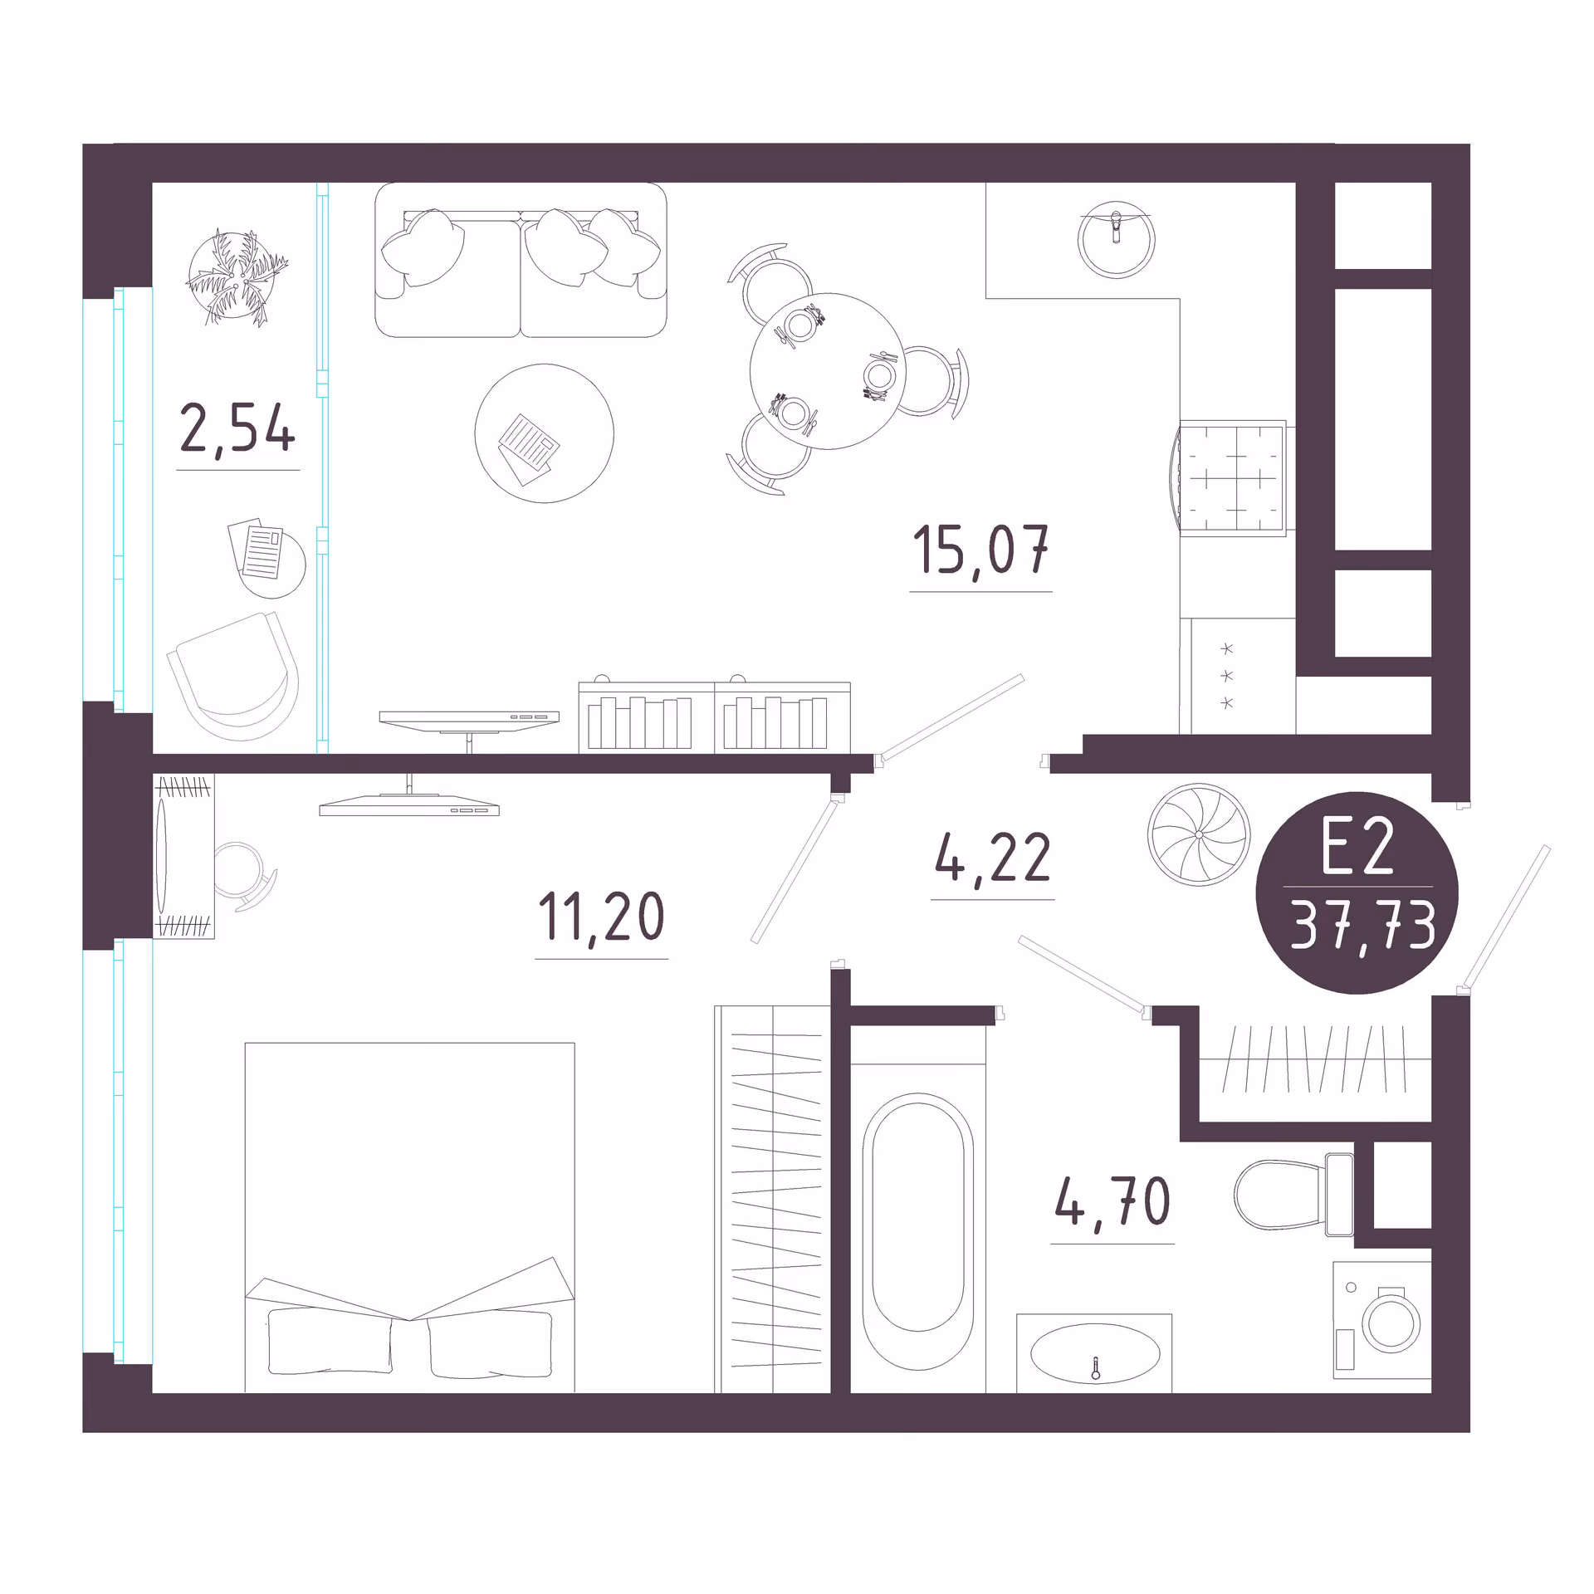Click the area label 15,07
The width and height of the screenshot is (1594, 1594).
pos(980,550)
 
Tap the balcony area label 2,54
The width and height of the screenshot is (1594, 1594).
pos(237,428)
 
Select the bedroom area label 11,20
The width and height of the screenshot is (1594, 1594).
pos(602,917)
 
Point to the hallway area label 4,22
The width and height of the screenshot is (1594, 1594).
pos(993,858)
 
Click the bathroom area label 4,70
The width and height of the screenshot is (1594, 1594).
pos(1112,1201)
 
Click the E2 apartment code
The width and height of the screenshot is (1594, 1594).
pos(1357,849)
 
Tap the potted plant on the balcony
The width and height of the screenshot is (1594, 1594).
pos(236,276)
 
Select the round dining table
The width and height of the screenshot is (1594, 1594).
pos(828,371)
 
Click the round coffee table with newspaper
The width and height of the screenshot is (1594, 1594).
pos(544,433)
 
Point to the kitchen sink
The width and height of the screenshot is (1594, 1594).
pos(1116,239)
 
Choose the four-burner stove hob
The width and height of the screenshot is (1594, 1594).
pos(1232,478)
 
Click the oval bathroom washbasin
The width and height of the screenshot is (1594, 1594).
pos(1095,1353)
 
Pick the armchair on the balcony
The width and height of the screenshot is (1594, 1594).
pos(233,675)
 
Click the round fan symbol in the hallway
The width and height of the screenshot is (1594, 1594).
pos(1198,834)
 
